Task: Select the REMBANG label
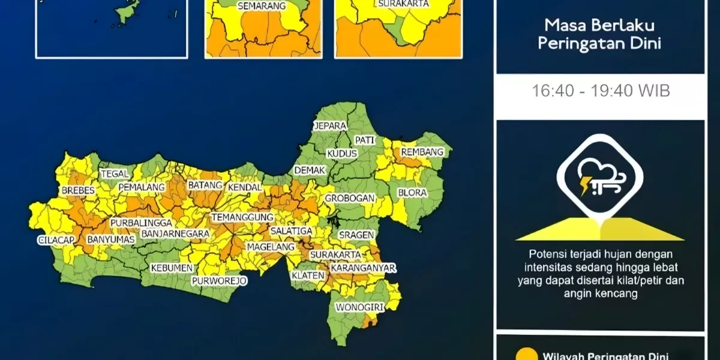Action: [x=422, y=152]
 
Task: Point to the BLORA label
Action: [x=412, y=193]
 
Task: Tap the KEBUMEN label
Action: [x=172, y=268]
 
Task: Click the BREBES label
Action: [x=78, y=191]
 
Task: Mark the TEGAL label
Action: [x=115, y=174]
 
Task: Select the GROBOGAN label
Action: [x=350, y=198]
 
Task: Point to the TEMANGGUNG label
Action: [x=242, y=217]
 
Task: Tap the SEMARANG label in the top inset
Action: [x=261, y=7]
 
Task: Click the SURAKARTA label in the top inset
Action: [x=403, y=4]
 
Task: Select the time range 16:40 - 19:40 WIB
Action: [x=601, y=91]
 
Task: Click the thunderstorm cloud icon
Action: [x=599, y=177]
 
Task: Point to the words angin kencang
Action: [x=600, y=294]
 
